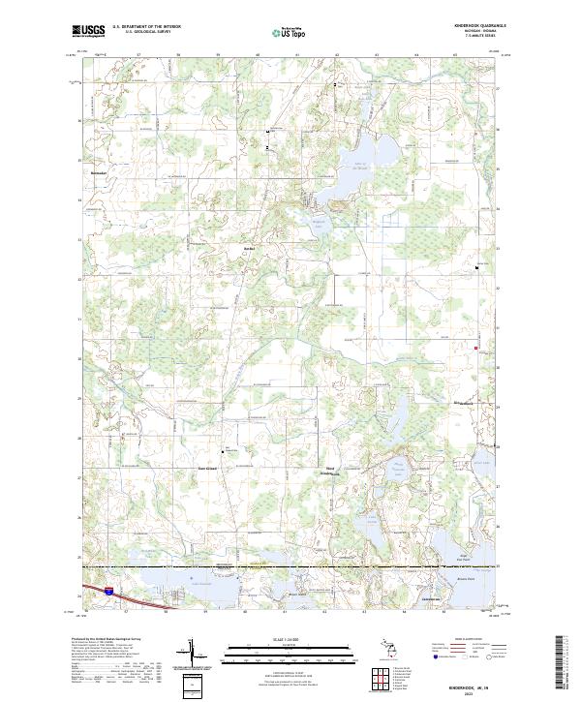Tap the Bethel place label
tap(248, 248)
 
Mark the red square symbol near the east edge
tap(475, 349)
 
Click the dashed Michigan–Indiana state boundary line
tap(290, 566)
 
